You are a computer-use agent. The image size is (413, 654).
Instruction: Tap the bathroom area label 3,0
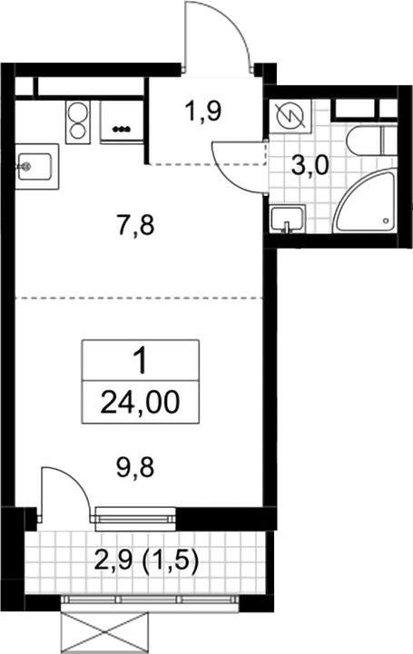click(x=310, y=166)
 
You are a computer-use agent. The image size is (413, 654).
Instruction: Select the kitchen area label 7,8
click(x=135, y=226)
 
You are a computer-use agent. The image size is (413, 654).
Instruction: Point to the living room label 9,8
click(x=135, y=467)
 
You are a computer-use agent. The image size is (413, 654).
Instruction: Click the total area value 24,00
click(x=140, y=403)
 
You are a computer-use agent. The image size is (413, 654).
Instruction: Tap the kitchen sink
click(x=36, y=166)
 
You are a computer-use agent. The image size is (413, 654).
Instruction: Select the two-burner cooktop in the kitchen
click(x=77, y=122)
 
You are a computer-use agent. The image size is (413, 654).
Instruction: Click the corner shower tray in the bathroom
click(x=365, y=201)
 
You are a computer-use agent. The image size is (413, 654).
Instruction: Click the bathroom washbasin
click(x=288, y=219)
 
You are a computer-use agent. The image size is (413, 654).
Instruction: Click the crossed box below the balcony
click(x=104, y=633)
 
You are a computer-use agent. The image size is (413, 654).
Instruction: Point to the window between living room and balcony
click(x=135, y=519)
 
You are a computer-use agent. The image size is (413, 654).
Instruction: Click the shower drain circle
click(x=387, y=220)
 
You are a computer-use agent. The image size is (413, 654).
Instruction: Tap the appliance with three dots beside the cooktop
click(x=122, y=122)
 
